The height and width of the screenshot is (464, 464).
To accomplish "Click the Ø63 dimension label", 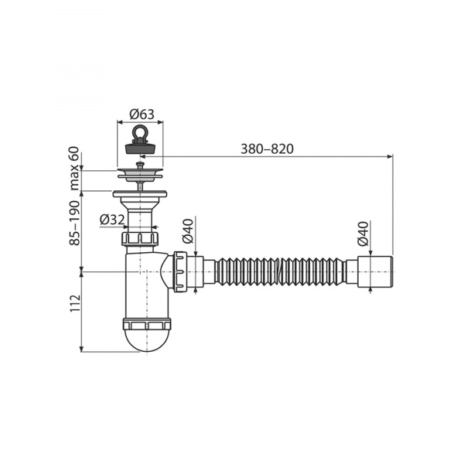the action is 142,114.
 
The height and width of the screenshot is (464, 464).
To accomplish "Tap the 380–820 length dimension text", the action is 267,148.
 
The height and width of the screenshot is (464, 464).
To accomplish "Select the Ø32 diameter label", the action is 112,220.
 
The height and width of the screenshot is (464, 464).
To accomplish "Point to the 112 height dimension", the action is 75,302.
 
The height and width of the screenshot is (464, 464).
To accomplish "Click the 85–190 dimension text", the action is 75,223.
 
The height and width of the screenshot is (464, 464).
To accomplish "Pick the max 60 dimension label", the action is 75,168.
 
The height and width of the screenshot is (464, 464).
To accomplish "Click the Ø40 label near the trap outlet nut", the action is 188,231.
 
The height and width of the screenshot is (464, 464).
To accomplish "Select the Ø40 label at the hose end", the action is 363,234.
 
